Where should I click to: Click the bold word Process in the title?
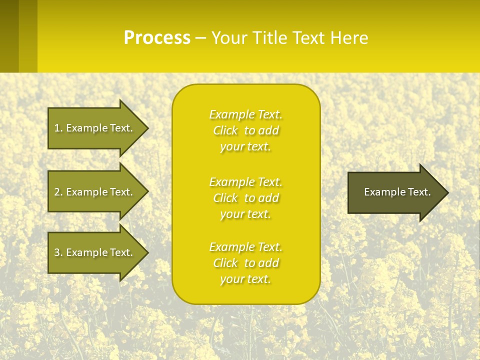[157, 37]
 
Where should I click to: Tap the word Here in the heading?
[349, 37]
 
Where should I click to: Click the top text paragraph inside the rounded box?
[245, 130]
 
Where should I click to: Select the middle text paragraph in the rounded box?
[245, 198]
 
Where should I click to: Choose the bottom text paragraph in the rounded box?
[245, 263]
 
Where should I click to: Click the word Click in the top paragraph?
[225, 131]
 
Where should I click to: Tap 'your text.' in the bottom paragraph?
[245, 279]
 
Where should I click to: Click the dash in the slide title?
[201, 38]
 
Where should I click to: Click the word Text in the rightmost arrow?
[419, 192]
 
